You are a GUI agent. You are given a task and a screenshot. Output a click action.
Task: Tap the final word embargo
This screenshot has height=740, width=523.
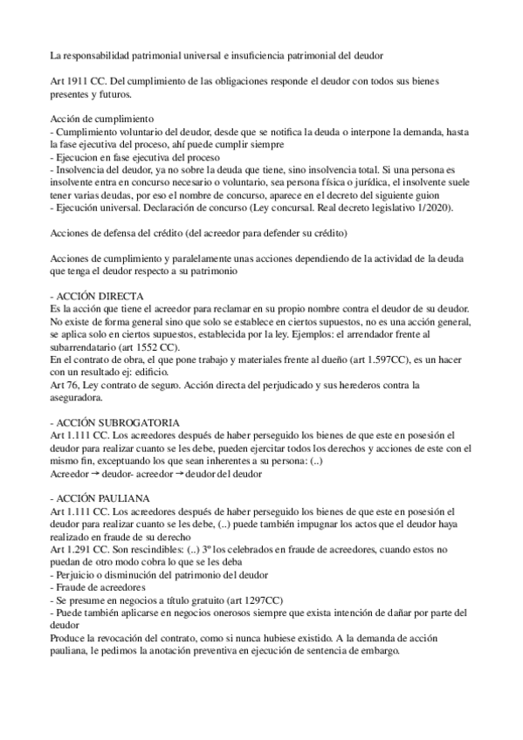pos(378,647)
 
